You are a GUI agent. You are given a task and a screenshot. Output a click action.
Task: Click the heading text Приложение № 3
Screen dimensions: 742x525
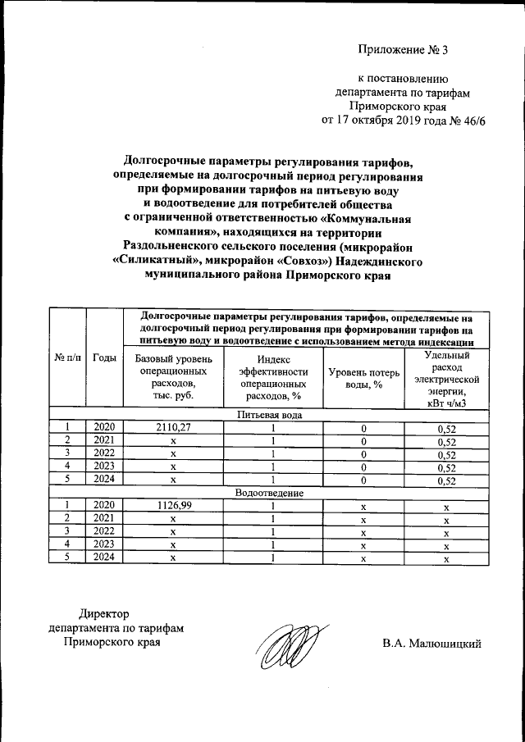(404, 50)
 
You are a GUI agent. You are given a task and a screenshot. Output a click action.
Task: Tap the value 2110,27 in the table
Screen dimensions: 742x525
(173, 427)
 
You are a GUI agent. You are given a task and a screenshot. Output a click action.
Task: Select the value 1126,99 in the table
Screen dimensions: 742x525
(173, 506)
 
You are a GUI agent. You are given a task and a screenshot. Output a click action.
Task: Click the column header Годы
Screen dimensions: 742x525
(104, 357)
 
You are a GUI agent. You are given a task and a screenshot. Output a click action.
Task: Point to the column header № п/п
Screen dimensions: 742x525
(68, 357)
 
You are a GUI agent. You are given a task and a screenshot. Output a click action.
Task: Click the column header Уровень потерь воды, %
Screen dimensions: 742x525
(363, 378)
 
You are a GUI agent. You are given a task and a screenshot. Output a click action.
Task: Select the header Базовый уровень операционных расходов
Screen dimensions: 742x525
(173, 378)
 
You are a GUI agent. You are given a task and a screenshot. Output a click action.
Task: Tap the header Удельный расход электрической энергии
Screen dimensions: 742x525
(446, 378)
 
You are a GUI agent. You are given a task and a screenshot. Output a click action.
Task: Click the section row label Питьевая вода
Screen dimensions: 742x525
(269, 415)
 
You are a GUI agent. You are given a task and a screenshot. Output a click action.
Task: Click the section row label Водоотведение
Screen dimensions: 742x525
(269, 494)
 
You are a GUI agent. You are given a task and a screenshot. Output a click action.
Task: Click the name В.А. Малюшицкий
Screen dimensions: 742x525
(430, 643)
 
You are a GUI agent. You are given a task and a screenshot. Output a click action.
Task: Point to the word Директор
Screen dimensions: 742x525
(104, 613)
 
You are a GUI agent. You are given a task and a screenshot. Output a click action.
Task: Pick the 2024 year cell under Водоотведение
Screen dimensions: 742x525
(104, 559)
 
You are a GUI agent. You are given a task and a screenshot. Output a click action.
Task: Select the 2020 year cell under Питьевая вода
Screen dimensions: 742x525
(104, 427)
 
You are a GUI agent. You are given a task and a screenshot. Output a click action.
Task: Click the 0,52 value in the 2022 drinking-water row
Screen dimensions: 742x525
(446, 454)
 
